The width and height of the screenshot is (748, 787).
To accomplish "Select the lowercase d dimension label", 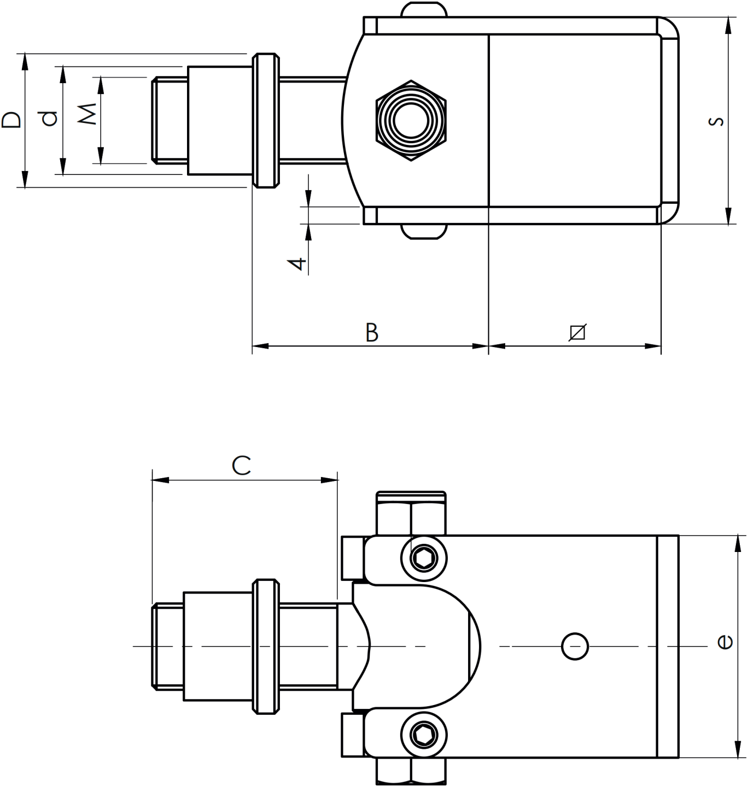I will (50, 119).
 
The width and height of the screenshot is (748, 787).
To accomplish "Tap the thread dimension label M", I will (87, 114).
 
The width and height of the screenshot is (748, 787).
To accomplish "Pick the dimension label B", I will (372, 333).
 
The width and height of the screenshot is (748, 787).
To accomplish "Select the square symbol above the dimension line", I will (577, 332).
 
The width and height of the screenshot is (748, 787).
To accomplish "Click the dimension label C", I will (241, 466).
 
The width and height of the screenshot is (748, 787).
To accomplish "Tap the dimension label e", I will (724, 642).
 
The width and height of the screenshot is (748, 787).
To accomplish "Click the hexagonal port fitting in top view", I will (411, 121).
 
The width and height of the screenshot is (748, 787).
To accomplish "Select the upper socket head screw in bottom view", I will (424, 558).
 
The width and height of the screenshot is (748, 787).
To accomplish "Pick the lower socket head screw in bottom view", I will (424, 736).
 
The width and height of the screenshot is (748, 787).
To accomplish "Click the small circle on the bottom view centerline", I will (575, 647).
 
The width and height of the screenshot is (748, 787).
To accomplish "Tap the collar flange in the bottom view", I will (266, 647).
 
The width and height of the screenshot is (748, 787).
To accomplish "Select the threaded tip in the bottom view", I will (167, 647).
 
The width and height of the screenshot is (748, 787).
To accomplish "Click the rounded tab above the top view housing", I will (424, 10).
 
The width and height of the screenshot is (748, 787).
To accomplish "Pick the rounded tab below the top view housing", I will (424, 232).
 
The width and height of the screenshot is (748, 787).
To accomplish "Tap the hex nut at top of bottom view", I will (411, 514).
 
